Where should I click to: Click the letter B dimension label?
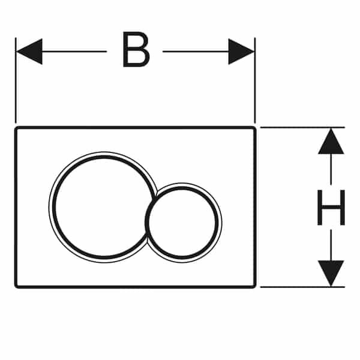[x=135, y=51]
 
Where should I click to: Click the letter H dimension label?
[x=331, y=207]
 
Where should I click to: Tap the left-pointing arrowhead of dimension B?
[x=29, y=51]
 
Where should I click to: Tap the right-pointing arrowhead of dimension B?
[x=241, y=51]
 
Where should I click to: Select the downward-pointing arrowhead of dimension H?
[x=331, y=273]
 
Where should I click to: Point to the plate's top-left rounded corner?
[x=17, y=129]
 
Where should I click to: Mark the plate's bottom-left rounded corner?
[x=17, y=285]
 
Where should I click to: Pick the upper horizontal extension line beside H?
[x=300, y=127]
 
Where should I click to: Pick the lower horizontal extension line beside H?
[x=300, y=287]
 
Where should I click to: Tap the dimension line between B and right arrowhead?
[x=195, y=51]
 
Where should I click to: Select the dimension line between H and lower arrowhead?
[x=331, y=243]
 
